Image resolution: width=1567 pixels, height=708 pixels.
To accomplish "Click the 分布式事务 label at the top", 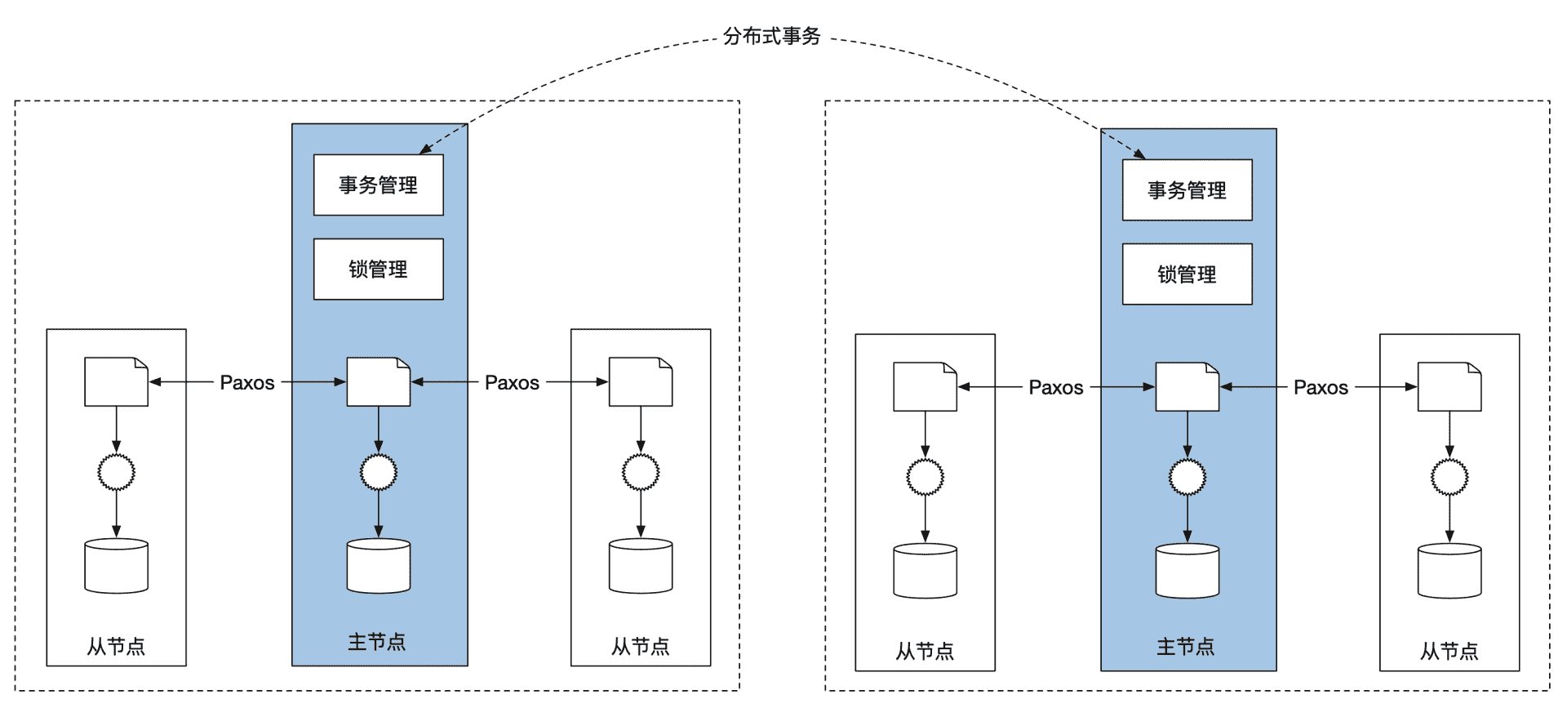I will point(771,37).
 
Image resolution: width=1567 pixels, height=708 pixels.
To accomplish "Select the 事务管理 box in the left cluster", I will point(378,185).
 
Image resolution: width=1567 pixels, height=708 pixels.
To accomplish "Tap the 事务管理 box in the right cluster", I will point(1187,190).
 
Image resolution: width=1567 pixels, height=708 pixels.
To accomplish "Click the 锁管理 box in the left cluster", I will point(378,269).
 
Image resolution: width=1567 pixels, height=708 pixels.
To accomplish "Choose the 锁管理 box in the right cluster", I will point(1187,274).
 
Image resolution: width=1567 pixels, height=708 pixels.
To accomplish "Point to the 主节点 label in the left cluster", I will point(377,643).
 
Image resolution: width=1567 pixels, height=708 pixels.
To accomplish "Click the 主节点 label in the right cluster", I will point(1186,648).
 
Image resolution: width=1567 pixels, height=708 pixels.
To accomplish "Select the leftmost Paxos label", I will point(247,382).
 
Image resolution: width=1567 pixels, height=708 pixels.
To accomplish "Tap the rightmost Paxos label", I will point(1321,387).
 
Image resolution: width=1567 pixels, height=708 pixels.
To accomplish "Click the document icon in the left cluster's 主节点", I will point(378,381).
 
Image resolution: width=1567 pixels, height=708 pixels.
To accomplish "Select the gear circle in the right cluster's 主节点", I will point(1187,477).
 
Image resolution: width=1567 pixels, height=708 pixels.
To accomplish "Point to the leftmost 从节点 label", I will point(116,648).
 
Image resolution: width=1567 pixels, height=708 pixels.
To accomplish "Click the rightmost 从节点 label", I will point(1449,652).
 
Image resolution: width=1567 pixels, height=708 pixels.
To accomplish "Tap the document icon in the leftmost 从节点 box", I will point(116,381).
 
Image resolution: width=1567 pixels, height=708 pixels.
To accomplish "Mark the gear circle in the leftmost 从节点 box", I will point(116,472).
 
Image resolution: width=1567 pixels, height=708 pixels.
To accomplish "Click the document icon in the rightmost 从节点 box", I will point(1449,386).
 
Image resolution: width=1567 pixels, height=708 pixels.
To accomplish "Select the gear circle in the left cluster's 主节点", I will point(378,472).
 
